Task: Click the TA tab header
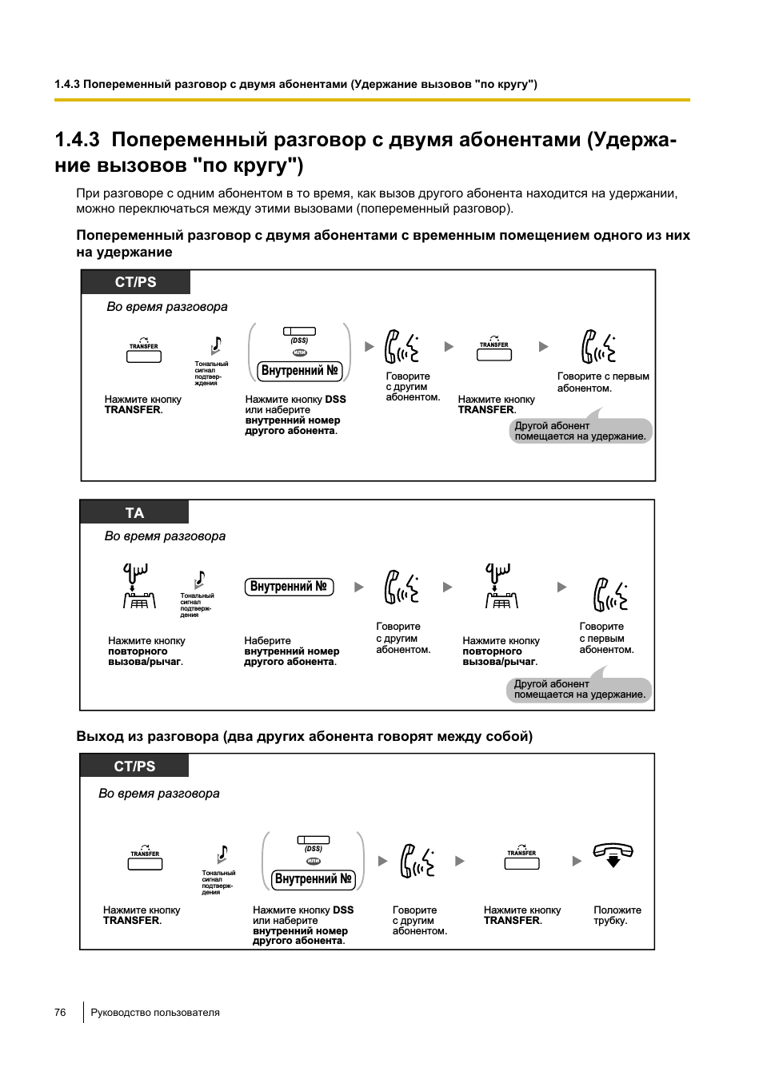[134, 512]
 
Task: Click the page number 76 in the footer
[60, 1012]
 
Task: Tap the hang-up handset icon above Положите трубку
[613, 854]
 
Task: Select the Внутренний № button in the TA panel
[288, 587]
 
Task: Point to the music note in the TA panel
[200, 579]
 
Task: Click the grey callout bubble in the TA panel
[579, 690]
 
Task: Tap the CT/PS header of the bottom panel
[134, 766]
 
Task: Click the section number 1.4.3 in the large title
[77, 140]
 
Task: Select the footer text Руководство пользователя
[155, 1012]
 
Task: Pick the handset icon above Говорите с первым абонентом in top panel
[598, 347]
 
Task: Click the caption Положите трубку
[617, 915]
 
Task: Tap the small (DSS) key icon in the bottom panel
[314, 840]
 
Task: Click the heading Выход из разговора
[304, 736]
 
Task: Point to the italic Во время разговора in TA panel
[165, 536]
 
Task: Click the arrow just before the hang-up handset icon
[577, 861]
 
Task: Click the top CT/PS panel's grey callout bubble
[581, 431]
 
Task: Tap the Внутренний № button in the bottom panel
[314, 879]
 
